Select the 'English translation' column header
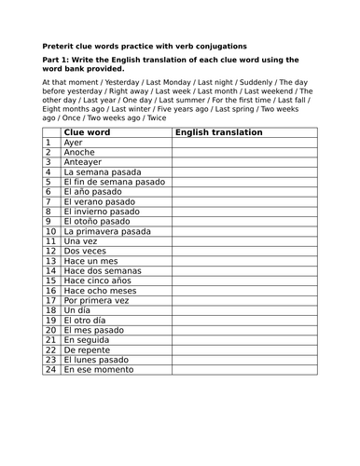pos(218,132)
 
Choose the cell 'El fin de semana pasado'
pos(113,182)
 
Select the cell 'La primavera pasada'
pos(106,231)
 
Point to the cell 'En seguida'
pos(87,340)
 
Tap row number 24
pos(51,369)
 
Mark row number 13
pos(51,261)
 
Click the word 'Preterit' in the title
pos(62,46)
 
